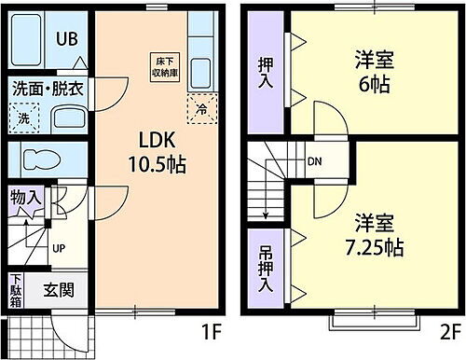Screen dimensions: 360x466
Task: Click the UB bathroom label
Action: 65,40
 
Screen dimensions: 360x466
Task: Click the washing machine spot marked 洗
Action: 24,118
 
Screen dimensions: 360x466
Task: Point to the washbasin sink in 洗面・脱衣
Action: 66,118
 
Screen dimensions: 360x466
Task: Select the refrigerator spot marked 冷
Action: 199,108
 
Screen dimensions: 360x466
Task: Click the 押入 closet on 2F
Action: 264,71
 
